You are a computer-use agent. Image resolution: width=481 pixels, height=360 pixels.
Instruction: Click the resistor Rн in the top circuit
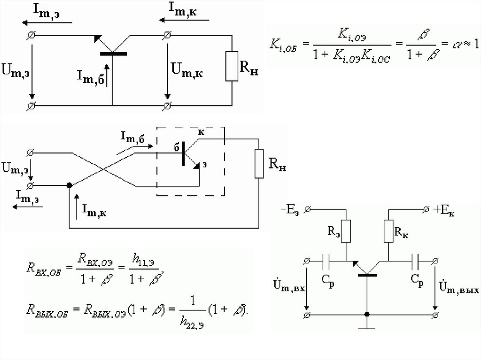(232, 66)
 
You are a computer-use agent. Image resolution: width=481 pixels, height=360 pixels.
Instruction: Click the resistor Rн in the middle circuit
(259, 163)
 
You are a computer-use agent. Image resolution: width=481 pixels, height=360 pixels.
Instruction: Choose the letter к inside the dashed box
(201, 132)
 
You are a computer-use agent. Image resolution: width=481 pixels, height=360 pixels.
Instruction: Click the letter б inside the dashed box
(177, 147)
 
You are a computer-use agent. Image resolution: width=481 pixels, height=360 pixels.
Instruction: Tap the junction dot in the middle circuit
(69, 186)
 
